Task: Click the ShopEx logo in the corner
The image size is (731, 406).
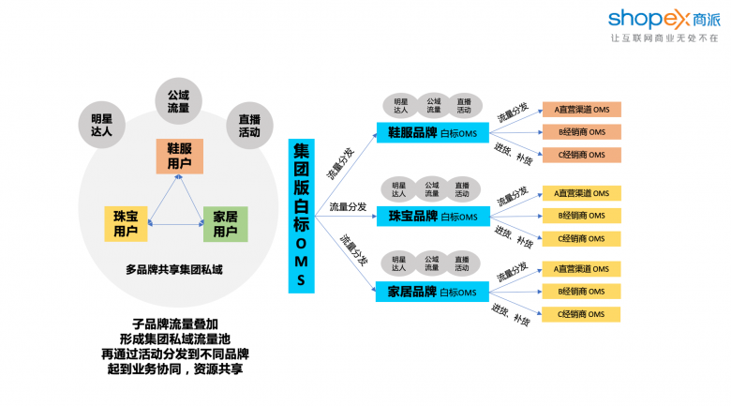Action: [663, 20]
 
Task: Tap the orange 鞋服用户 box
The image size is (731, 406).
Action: [179, 157]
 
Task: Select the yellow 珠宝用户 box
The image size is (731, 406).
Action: [126, 224]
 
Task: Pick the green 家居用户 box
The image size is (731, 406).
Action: [225, 224]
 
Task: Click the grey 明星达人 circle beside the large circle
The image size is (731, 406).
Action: [101, 125]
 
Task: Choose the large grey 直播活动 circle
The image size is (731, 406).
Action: [248, 125]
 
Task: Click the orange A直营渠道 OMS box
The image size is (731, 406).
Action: [581, 109]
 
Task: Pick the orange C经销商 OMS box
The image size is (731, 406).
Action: [581, 155]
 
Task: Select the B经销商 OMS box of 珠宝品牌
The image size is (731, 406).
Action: [581, 216]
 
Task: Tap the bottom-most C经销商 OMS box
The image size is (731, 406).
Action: [581, 314]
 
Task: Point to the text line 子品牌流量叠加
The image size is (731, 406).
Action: [177, 323]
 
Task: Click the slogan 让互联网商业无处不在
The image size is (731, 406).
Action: [664, 38]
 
